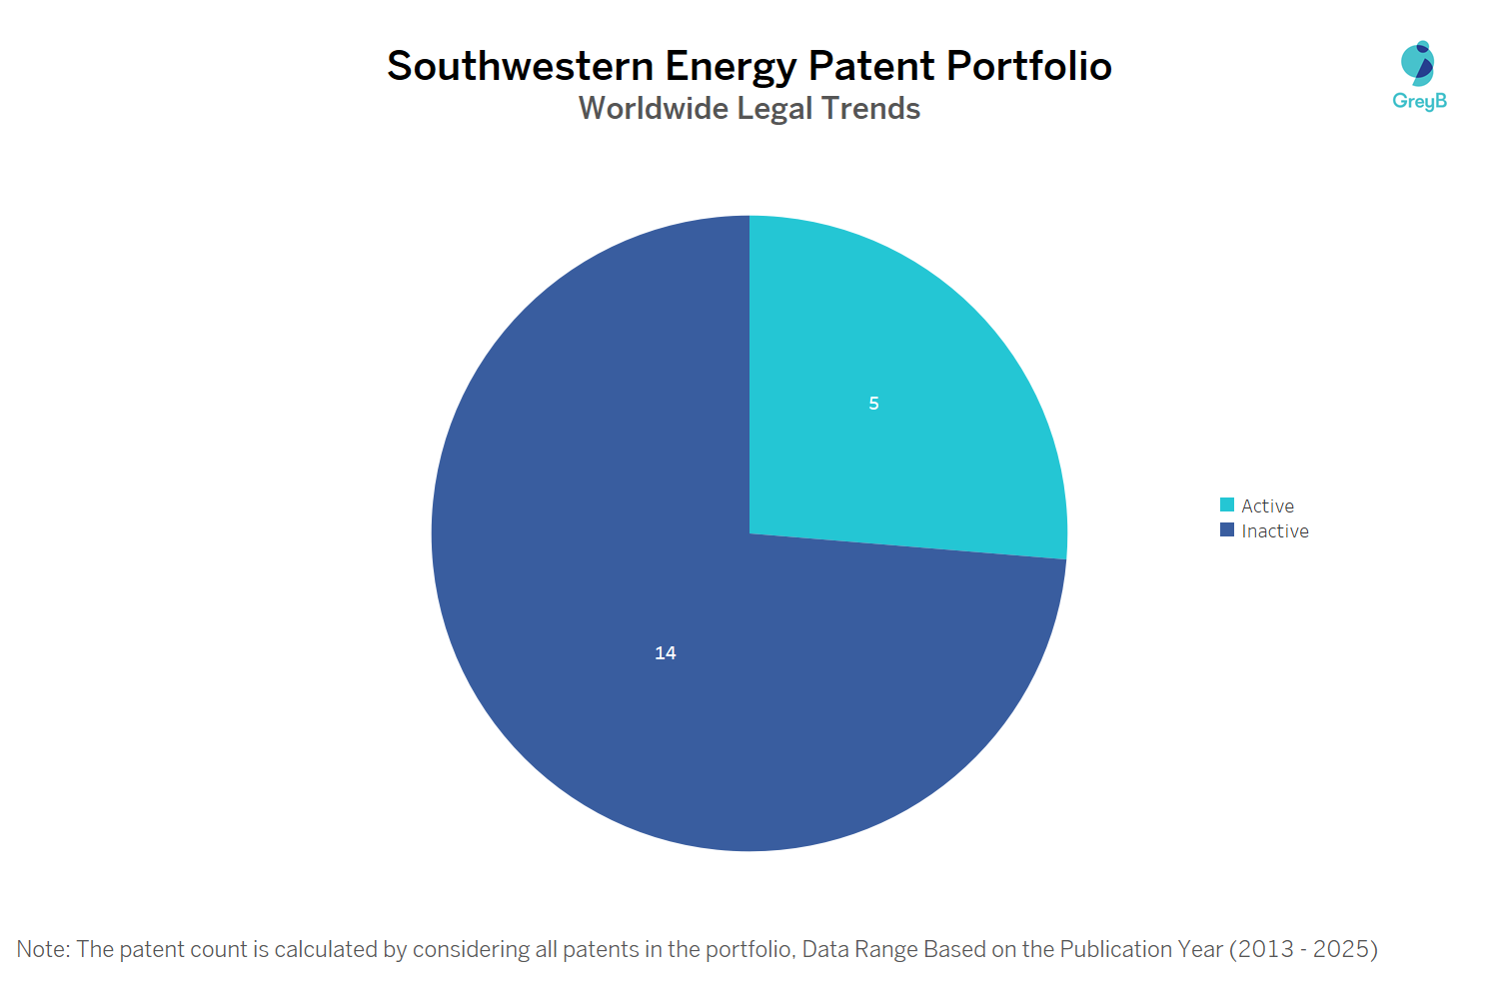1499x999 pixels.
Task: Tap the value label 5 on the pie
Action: click(873, 404)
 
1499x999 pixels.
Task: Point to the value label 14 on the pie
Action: click(666, 653)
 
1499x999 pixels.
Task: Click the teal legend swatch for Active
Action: click(1227, 505)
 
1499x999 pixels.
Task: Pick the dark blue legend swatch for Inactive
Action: click(1227, 530)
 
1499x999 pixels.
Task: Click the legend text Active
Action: click(1267, 506)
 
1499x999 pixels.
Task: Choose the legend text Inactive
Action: click(1275, 531)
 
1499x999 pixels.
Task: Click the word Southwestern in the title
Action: click(521, 67)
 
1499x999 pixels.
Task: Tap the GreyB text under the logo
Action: click(1419, 101)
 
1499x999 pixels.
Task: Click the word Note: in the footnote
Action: click(43, 949)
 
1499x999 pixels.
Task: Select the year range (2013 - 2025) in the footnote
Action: click(1303, 949)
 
